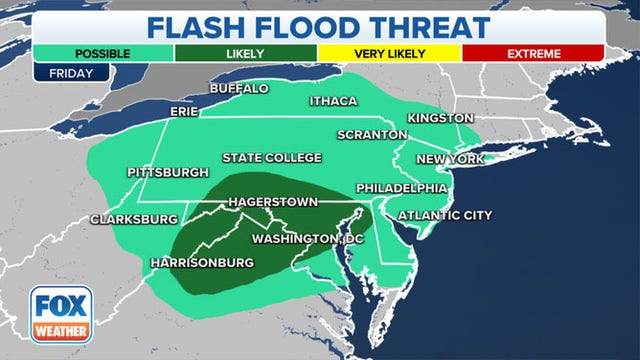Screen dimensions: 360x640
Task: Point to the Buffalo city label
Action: (x=239, y=89)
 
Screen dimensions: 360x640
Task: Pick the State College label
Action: (x=272, y=158)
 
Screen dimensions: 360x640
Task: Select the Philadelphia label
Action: (x=401, y=188)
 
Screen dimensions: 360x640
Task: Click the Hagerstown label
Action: (x=273, y=202)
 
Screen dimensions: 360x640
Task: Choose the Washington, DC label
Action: (x=307, y=239)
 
